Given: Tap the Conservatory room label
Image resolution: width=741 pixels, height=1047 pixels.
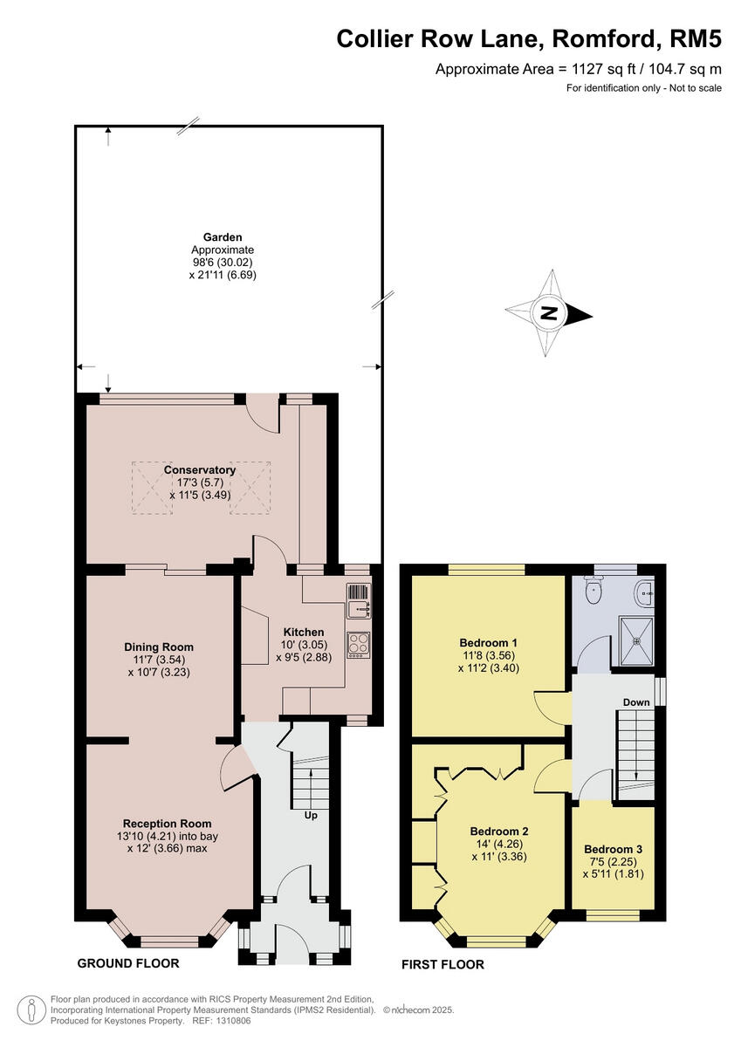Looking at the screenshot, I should coord(200,470).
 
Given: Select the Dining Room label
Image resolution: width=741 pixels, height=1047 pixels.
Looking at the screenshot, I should coord(158,647).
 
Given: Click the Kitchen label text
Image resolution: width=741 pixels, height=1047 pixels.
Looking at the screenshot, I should coord(304,632).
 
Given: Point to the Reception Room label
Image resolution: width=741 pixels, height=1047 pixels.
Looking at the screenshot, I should coord(167,823).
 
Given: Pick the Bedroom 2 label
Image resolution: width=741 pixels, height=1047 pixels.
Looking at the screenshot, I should coord(498,831).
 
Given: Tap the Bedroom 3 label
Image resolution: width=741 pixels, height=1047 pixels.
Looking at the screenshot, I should coord(614,849).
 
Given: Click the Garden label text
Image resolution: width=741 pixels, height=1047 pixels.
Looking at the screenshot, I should coord(223,236).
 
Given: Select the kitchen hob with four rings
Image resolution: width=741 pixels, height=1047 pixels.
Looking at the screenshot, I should coord(359,643).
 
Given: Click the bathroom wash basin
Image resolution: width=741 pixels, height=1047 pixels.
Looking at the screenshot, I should coord(645,592).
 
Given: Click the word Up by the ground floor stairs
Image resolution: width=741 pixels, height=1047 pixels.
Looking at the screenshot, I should coord(310,816).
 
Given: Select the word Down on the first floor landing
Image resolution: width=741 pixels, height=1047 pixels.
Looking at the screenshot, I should coord(636,701).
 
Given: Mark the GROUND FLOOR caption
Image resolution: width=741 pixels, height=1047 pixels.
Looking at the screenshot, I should coord(128,963).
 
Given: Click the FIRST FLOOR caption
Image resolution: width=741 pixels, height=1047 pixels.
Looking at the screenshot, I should coord(443,964).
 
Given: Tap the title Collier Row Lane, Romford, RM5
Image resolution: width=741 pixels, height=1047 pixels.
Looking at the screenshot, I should coord(529,39).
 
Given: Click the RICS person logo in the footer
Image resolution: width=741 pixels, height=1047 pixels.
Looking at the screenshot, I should coord(32,1009).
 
